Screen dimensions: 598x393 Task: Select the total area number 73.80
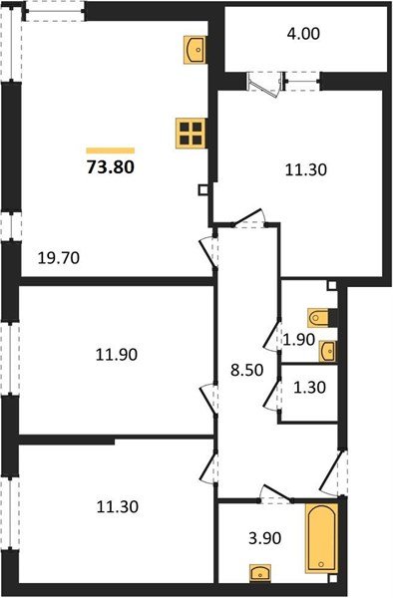tap(110, 166)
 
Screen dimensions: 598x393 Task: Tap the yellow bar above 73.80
tap(110, 149)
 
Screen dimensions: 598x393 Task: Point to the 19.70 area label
tap(58, 257)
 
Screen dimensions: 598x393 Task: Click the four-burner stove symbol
tap(189, 133)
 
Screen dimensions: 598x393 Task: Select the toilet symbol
tap(321, 317)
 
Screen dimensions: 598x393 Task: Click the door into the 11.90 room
tap(210, 397)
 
